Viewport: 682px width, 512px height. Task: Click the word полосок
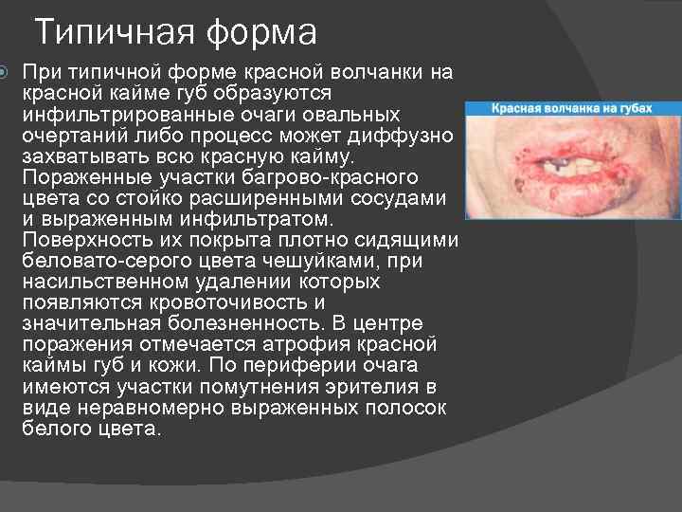pyautogui.click(x=406, y=407)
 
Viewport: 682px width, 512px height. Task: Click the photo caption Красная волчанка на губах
pyautogui.click(x=572, y=109)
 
